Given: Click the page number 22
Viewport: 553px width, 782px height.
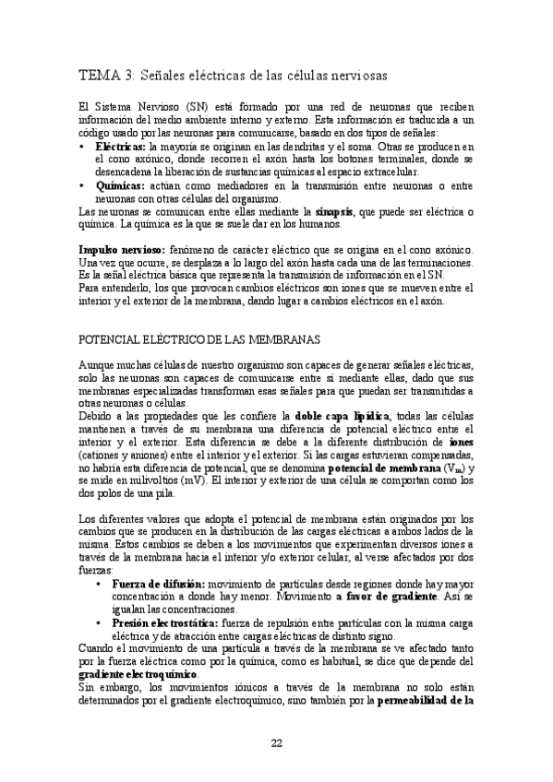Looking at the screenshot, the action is click(x=276, y=744).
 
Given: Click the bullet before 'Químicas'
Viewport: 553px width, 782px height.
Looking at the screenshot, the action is click(x=82, y=184).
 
